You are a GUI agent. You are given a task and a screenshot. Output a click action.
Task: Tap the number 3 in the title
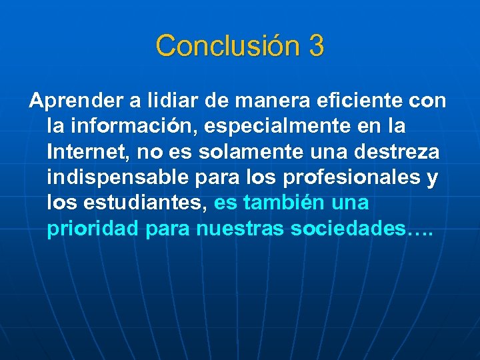pyautogui.click(x=316, y=46)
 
